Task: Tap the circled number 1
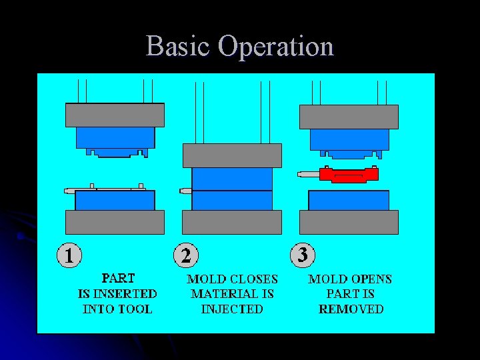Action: tap(69, 255)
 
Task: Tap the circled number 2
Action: tap(186, 255)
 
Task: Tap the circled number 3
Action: tap(303, 255)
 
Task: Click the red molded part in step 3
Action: tap(349, 175)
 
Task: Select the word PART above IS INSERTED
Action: tap(117, 278)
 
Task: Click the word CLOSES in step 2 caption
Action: tap(253, 279)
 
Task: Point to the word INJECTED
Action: tap(232, 309)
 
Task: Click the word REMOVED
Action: tap(351, 309)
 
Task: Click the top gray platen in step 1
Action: tap(115, 115)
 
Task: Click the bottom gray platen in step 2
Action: tap(232, 222)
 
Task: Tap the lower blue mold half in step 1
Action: tap(115, 200)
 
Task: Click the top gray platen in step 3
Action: tap(349, 117)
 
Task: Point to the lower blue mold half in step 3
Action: tap(349, 200)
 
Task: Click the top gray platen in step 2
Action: tap(232, 155)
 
